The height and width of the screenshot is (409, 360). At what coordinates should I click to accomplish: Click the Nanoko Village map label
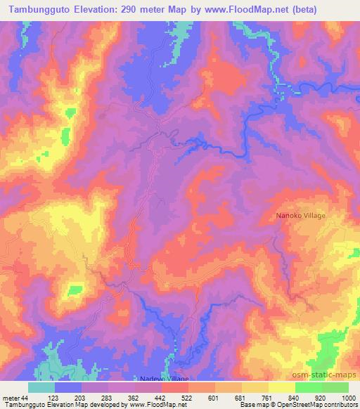coord(300,216)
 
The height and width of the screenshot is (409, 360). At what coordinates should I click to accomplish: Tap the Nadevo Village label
coord(167,379)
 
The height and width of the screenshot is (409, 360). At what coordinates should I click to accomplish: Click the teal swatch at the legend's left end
coord(41,387)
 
